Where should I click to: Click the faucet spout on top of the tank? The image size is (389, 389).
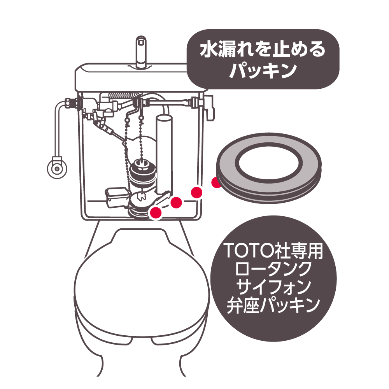[140, 52]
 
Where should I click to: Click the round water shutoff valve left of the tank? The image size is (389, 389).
[57, 168]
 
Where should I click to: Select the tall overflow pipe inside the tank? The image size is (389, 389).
[164, 154]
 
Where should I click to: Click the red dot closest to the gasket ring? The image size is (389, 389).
[216, 183]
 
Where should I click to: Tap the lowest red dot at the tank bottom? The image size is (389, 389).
[156, 213]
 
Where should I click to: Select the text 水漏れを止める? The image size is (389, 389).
[263, 50]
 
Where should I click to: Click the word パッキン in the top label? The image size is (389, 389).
[263, 70]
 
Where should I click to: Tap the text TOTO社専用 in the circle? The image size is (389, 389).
[273, 251]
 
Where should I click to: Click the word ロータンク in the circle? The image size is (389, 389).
[273, 269]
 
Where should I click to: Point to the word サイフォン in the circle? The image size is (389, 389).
[273, 287]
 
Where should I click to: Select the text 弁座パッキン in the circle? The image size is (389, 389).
[273, 305]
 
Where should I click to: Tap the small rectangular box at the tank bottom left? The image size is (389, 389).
[117, 197]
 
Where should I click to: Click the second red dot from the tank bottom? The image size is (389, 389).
[176, 202]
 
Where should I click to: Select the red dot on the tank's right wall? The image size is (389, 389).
[197, 192]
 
